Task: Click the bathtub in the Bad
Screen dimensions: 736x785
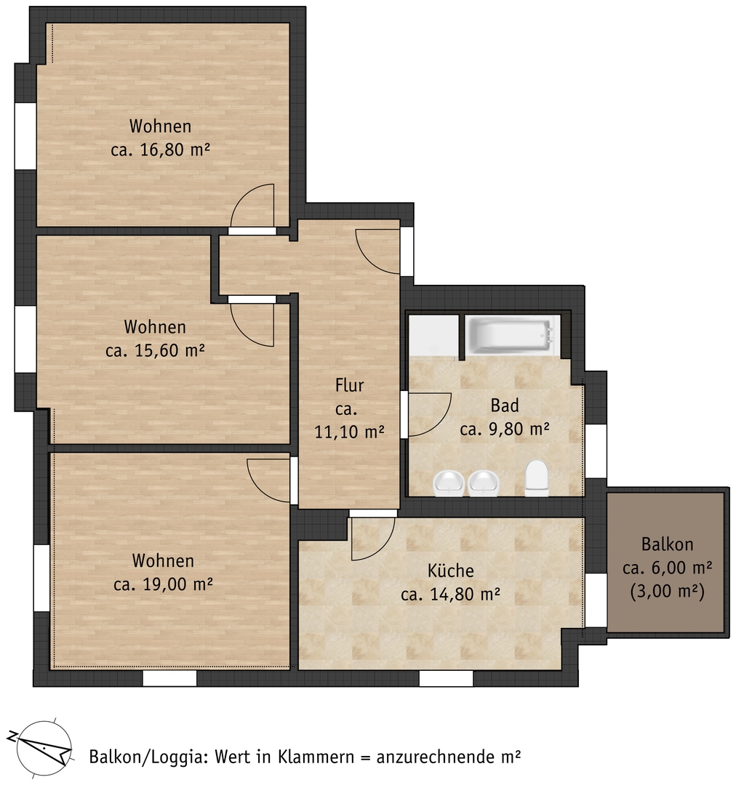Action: pos(512,336)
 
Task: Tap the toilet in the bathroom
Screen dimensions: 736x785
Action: pos(537,478)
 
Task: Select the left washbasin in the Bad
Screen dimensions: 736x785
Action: pos(448,483)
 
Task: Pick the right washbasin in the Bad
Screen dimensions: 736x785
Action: pos(484,483)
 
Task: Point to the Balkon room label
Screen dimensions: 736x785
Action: pos(668,544)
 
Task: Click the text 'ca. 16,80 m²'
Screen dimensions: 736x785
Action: pos(160,149)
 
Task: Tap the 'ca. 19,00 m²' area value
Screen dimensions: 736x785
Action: pos(163,584)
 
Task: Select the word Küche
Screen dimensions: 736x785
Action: pos(450,571)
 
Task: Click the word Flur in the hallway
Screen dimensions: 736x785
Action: pos(349,385)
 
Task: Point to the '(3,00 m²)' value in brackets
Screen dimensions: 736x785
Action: pos(668,591)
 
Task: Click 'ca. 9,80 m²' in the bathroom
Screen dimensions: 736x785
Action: pos(505,429)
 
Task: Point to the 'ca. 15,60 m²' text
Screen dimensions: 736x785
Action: pos(155,350)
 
